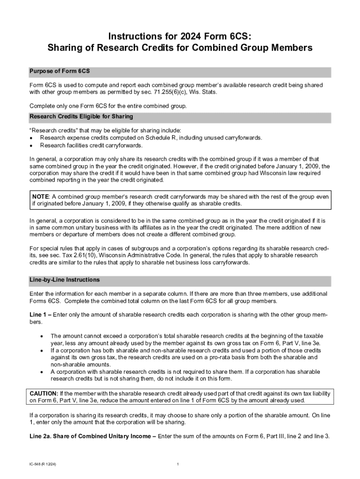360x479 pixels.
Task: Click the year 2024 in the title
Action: (180, 36)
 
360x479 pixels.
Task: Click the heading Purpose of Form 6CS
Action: (59, 71)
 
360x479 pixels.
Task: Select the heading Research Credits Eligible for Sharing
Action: (81, 116)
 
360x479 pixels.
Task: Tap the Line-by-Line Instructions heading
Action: (65, 280)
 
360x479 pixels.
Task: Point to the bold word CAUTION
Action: (44, 393)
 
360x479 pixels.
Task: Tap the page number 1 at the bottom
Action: (179, 464)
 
